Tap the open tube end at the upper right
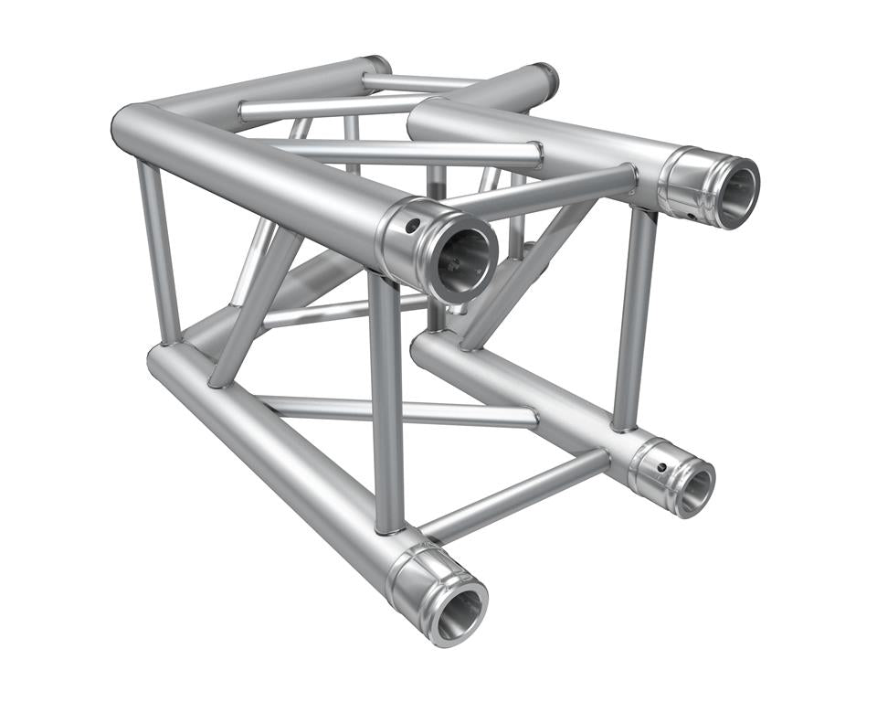pos(736,194)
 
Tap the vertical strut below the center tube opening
pos(387,402)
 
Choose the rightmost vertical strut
pos(634,320)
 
